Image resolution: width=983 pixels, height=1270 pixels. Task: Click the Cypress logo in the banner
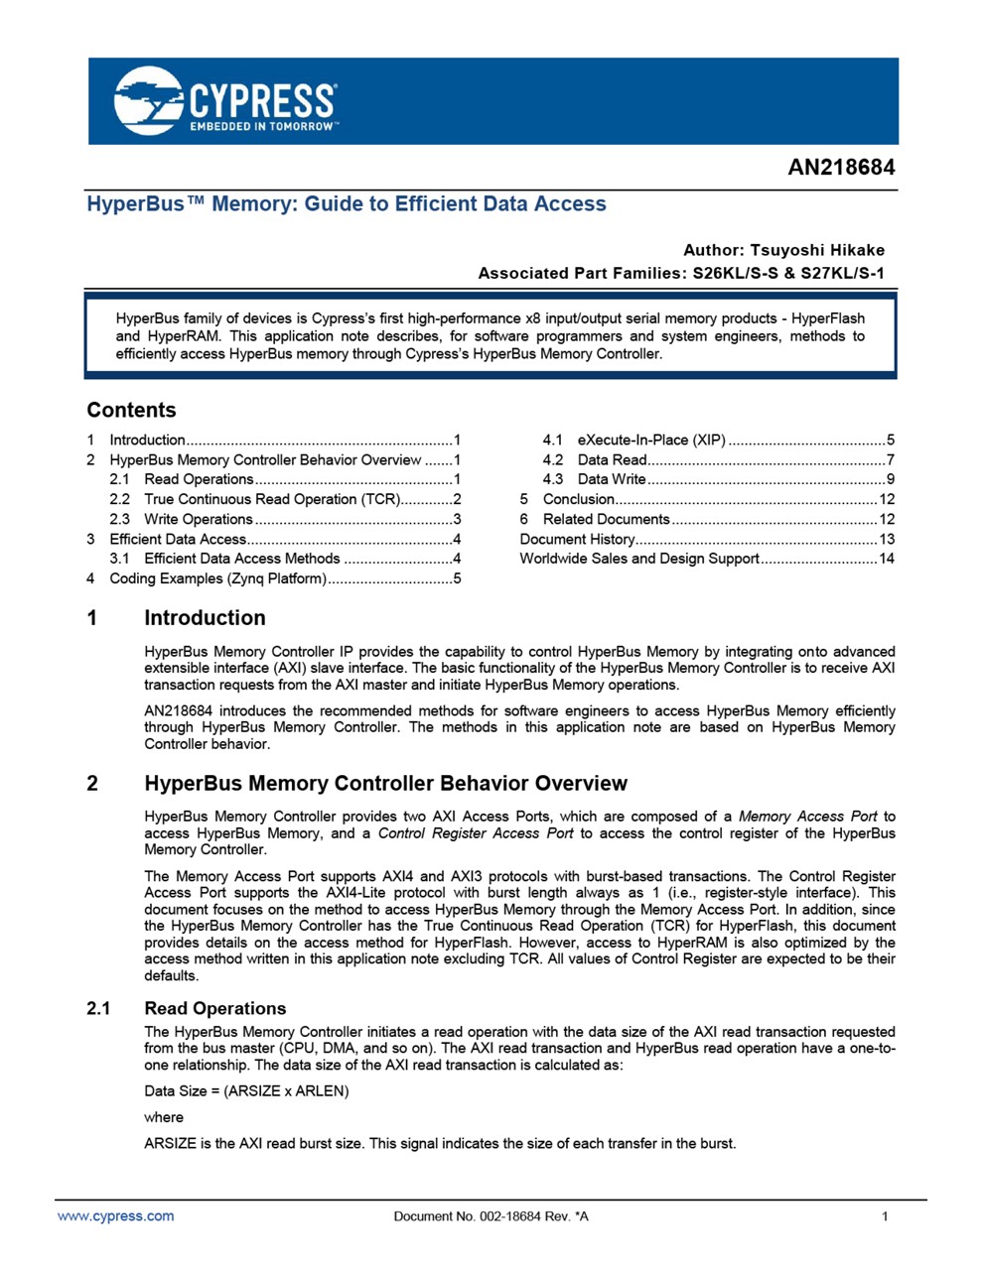pos(226,101)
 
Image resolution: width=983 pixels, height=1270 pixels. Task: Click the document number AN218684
pos(841,167)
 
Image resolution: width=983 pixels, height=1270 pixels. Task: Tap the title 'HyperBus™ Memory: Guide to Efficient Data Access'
pos(347,204)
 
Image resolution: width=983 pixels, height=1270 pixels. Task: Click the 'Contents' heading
pos(131,411)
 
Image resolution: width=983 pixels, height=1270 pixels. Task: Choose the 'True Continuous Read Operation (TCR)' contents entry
pos(271,499)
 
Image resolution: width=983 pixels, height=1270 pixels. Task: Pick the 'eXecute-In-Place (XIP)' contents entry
pos(651,440)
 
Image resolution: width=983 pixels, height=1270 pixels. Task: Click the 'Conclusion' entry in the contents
pos(579,499)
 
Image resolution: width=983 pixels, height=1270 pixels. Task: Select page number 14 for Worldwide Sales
pos(887,559)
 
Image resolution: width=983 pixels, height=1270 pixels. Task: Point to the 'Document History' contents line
pos(577,539)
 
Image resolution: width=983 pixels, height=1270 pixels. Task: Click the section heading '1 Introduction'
pos(205,618)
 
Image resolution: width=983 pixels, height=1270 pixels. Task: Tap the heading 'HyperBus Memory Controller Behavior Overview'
pos(385,784)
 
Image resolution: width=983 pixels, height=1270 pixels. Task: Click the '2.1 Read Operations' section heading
pos(214,1009)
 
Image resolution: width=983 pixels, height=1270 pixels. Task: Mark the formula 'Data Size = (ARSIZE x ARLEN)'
pos(246,1091)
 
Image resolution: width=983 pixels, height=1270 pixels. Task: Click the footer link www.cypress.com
pos(115,1216)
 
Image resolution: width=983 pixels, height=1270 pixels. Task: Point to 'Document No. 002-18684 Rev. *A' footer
pos(491,1216)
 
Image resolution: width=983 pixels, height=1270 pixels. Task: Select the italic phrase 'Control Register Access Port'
pos(476,833)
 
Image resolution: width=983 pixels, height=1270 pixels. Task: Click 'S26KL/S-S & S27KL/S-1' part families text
pos(788,273)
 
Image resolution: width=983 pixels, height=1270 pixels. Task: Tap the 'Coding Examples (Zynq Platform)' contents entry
pos(217,578)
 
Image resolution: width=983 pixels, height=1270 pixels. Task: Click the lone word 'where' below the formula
pos(164,1117)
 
